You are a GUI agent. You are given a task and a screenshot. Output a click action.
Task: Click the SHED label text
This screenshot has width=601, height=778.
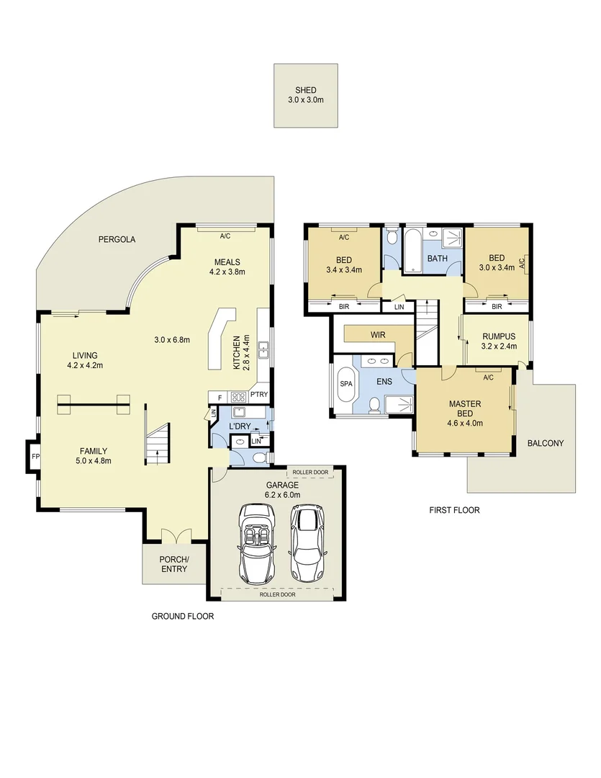tap(305, 90)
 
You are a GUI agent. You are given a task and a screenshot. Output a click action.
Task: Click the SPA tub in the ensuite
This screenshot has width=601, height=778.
tap(345, 384)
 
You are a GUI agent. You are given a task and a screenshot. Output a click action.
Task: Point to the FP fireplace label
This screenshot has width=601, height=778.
tap(35, 457)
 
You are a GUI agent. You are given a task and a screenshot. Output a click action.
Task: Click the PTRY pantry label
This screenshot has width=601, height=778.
tap(258, 395)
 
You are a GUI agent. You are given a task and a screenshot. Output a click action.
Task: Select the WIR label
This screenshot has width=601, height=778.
tap(378, 335)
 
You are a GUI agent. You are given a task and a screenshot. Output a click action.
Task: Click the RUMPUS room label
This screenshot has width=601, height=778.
tap(498, 336)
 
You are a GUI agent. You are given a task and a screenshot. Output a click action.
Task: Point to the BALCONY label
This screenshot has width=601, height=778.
tap(545, 443)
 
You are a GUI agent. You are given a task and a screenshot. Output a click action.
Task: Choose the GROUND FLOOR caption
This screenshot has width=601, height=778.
tap(182, 616)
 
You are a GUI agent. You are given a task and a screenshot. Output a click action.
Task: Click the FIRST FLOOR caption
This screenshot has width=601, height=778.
tap(454, 510)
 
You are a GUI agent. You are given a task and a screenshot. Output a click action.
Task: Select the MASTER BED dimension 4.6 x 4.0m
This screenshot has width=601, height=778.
tap(464, 423)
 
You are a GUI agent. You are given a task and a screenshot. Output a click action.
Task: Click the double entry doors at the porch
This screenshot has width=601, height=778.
tap(176, 537)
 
